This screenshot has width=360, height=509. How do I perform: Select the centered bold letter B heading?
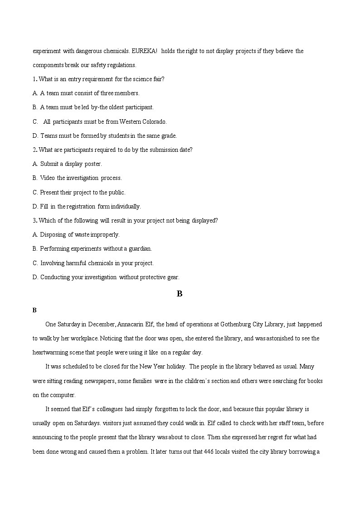click(x=180, y=294)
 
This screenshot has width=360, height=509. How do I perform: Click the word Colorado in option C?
click(x=156, y=121)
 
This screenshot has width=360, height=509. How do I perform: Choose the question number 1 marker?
click(x=34, y=79)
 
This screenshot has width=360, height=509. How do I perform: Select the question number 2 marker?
click(x=34, y=150)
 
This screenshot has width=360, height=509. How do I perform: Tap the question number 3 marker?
click(x=34, y=221)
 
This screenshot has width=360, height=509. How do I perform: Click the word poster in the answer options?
click(x=93, y=164)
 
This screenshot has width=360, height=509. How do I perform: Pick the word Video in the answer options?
click(x=47, y=178)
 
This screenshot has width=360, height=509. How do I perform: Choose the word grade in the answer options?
click(x=169, y=136)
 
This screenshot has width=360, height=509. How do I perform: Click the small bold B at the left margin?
click(x=34, y=310)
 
